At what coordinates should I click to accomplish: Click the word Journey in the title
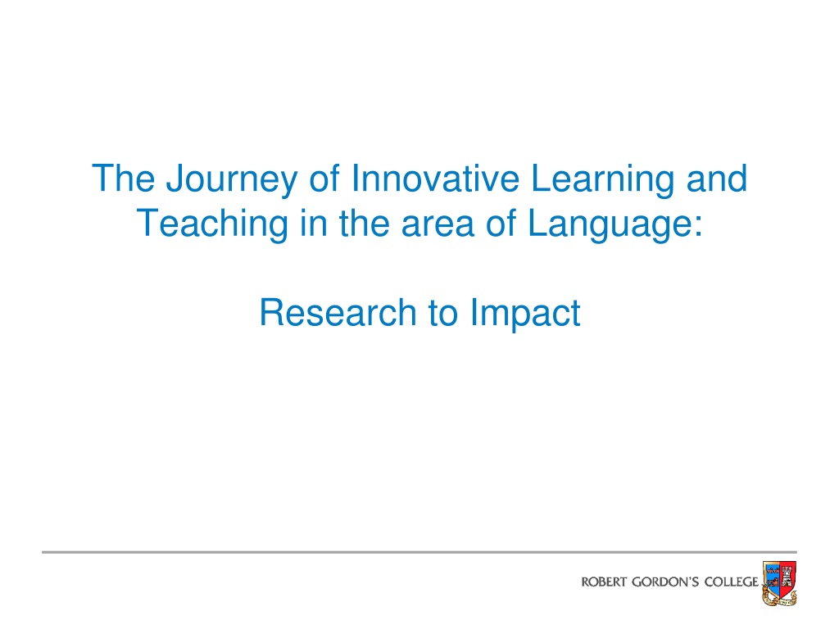231,179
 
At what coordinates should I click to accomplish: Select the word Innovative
434,178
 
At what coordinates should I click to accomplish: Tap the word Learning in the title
602,179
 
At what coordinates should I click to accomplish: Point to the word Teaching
212,224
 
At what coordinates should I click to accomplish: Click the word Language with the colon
615,224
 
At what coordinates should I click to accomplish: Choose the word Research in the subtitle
338,312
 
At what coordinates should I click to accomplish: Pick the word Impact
525,314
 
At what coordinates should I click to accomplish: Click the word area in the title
438,227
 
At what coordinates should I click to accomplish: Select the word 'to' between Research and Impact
443,314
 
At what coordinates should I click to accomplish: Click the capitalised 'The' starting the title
124,178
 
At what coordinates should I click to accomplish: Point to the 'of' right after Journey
324,178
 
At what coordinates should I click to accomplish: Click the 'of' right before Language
501,223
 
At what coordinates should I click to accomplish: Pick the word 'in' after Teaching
314,223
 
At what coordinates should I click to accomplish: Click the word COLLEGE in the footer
732,582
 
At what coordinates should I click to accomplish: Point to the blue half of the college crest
771,577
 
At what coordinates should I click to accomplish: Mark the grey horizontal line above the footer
419,551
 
